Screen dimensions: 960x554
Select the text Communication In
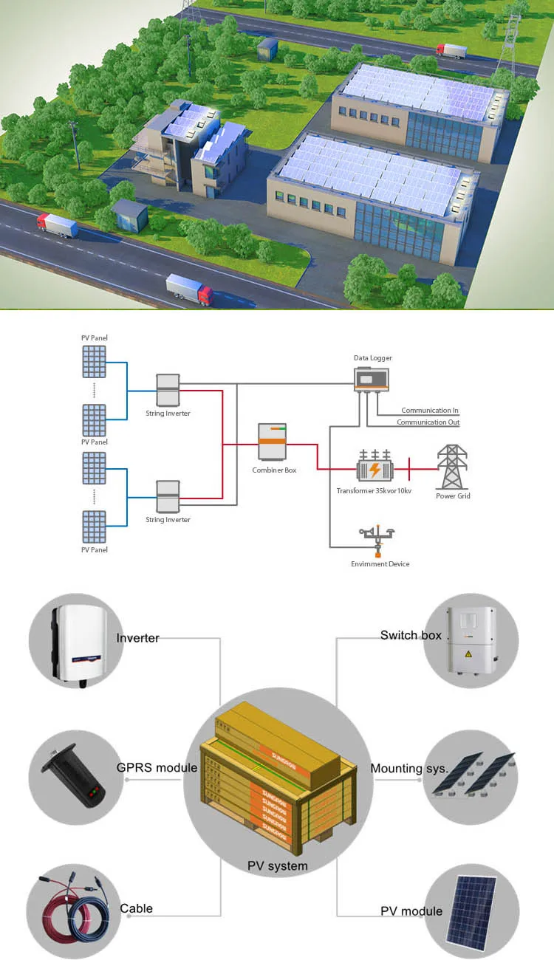430,411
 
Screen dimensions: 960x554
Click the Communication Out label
428,422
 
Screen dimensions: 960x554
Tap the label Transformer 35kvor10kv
375,491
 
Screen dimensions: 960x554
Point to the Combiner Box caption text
274,470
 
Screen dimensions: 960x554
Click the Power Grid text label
453,496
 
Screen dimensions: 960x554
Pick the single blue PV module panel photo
473,913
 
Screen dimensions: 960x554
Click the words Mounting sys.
408,769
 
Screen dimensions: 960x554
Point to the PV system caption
277,865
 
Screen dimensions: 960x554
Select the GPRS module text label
157,768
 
